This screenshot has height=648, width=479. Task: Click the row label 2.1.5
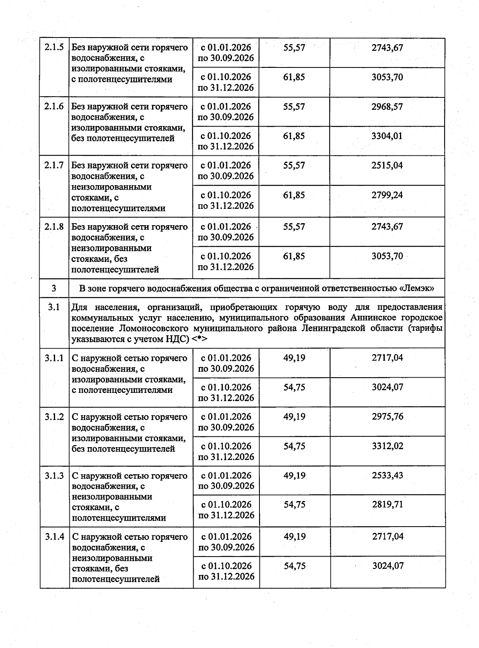[54, 48]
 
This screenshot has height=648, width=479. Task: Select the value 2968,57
[387, 107]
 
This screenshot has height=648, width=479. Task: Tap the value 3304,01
[387, 136]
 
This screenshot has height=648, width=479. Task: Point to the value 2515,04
[387, 165]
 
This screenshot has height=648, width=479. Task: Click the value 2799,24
[387, 195]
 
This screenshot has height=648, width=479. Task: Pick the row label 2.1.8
[54, 227]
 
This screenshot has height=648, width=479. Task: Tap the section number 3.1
[54, 307]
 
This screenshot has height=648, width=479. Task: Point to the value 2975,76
[387, 416]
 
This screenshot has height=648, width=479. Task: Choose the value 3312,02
[387, 446]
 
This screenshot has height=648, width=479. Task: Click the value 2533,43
[387, 475]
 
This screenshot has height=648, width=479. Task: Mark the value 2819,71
[387, 504]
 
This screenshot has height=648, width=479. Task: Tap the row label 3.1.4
[54, 537]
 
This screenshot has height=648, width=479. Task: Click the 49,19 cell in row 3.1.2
[295, 416]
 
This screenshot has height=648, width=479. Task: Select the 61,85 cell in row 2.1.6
[294, 136]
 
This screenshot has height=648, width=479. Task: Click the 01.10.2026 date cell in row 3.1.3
[226, 510]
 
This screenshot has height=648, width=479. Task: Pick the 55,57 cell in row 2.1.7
[294, 165]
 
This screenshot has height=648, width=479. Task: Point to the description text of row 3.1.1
[129, 374]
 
